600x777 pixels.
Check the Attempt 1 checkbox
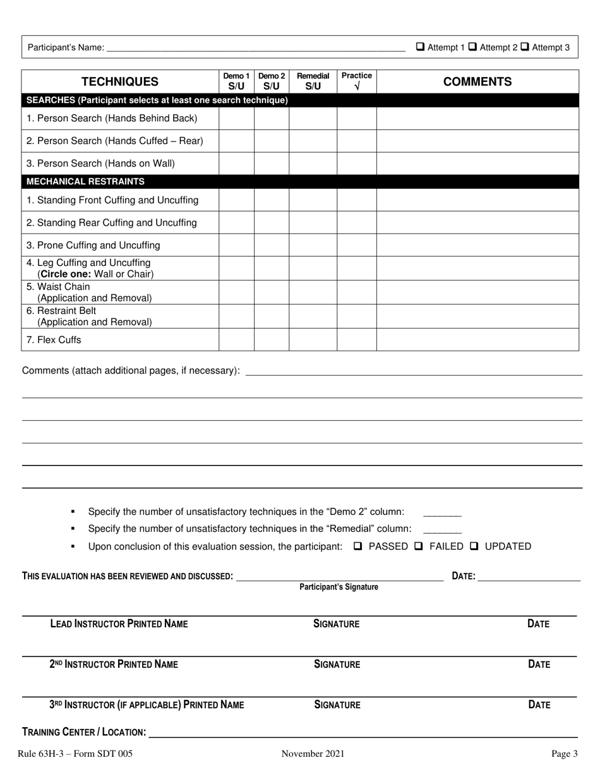click(421, 47)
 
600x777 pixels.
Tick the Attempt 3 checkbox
click(524, 47)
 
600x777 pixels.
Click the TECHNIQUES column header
click(120, 81)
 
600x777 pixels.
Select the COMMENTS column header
click(477, 81)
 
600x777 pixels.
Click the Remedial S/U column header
click(313, 81)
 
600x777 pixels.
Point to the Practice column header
click(357, 81)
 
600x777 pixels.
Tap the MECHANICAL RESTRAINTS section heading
click(85, 181)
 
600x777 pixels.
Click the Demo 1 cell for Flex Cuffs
click(236, 340)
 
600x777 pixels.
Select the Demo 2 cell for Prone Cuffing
click(272, 245)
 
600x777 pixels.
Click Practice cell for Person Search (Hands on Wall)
click(357, 164)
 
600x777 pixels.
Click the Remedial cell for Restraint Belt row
click(313, 316)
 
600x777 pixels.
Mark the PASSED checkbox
click(357, 546)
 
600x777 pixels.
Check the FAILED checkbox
click(418, 546)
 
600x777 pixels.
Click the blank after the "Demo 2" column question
click(442, 512)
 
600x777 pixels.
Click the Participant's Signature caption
click(339, 587)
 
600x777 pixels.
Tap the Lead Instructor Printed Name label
click(119, 624)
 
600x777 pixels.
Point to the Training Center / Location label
click(84, 732)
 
